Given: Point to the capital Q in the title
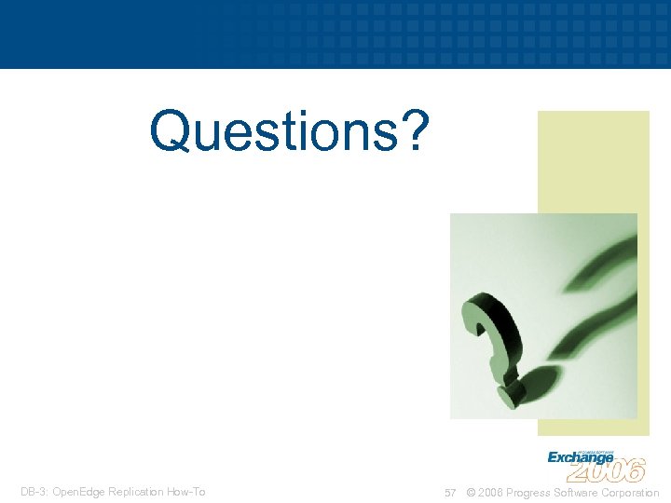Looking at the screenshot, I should [171, 131].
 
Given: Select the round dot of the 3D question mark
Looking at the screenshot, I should [508, 395].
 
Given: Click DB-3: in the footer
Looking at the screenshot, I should [35, 492].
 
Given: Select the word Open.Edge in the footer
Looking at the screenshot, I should [78, 492].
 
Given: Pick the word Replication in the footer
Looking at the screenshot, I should [134, 492].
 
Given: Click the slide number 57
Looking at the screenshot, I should [450, 493].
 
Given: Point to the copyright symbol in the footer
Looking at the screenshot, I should [471, 493].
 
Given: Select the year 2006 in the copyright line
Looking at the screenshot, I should [492, 493].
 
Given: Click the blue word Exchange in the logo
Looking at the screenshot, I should [580, 457].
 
